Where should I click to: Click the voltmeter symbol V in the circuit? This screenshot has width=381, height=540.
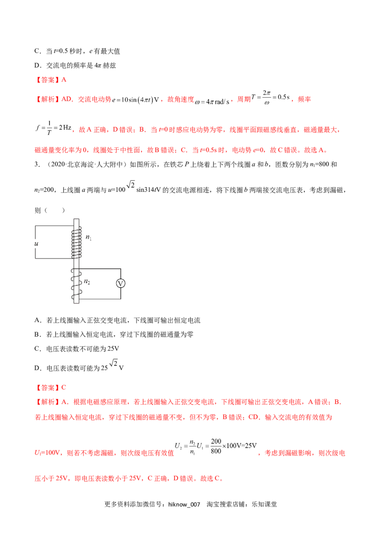coord(120,283)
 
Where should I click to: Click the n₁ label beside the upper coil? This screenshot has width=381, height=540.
coord(89,237)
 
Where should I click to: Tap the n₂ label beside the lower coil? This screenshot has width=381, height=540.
coord(87,282)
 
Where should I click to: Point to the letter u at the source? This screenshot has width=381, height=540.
coord(37,244)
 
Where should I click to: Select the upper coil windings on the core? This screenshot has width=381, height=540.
coord(76,242)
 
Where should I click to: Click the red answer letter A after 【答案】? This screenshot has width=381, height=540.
coord(64,80)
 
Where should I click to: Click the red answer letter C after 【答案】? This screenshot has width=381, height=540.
coord(64,387)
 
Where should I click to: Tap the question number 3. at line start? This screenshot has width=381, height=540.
coord(37,164)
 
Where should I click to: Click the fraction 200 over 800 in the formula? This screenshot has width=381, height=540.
coord(216,446)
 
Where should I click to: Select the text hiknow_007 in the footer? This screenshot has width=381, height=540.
coord(184,505)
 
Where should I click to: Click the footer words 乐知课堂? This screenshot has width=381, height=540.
coord(264,504)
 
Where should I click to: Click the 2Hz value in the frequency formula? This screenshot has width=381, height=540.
coord(65,128)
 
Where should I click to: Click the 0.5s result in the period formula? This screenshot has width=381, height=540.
coord(284,97)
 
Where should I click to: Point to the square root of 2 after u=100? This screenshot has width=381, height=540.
coord(130,185)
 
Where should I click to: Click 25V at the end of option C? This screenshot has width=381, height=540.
coord(113,349)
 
